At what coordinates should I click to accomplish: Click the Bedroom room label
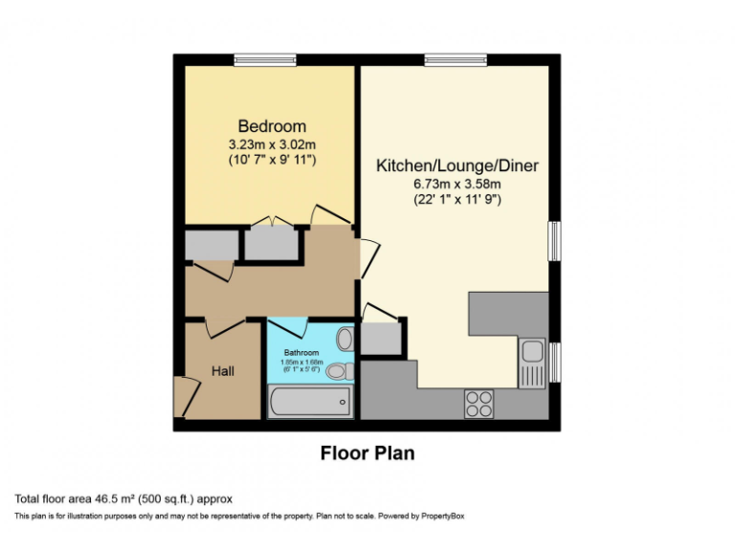pos(272,126)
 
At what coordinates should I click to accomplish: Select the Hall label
pos(222,370)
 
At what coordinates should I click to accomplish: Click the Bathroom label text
pos(301,352)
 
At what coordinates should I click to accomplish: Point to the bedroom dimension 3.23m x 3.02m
pos(272,143)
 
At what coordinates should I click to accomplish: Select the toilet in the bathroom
pos(346,370)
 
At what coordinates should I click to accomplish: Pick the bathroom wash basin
pos(345,338)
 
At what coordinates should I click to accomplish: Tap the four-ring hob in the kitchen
pos(479,404)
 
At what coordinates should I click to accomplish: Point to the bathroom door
pos(290,326)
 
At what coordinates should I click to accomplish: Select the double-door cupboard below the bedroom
pos(272,244)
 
